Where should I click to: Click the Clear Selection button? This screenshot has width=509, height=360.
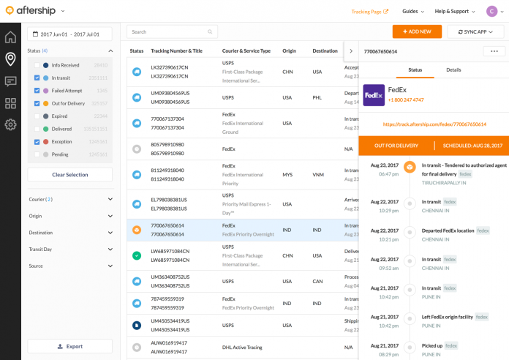[70, 175]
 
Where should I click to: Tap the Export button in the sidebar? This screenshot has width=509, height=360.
[70, 346]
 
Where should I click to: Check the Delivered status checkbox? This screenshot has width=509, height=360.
[37, 129]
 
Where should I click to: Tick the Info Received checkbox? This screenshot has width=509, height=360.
[37, 65]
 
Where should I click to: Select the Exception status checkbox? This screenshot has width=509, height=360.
[37, 141]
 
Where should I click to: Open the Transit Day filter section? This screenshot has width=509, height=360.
[70, 250]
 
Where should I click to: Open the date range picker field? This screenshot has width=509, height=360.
[70, 34]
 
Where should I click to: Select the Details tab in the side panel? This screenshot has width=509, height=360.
[453, 70]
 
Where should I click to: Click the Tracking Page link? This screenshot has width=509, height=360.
[370, 12]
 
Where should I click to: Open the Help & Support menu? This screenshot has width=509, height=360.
[454, 12]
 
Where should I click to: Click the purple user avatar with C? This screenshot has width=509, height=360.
[491, 11]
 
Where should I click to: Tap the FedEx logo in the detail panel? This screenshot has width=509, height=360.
[373, 94]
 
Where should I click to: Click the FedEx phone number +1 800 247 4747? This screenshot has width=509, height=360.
[406, 100]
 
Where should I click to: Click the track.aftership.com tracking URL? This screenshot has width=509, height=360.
[434, 124]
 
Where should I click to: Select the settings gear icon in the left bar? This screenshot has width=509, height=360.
[10, 124]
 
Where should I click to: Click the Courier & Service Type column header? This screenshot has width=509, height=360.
[246, 51]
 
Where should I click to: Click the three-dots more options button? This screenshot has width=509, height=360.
[494, 51]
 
